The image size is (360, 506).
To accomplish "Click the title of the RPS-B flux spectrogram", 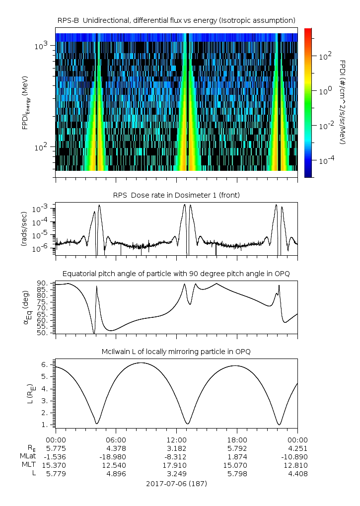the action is point(176,21).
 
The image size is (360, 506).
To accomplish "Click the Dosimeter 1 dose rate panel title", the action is point(176,195).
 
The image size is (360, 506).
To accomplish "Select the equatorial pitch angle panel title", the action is point(176,274).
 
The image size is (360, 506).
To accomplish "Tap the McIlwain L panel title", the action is point(176,352).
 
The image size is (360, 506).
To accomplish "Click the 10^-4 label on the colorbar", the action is point(326,160).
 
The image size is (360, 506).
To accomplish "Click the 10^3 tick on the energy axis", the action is point(41,46).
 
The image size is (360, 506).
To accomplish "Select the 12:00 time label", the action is point(176,440).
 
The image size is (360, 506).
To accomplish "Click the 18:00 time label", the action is point(237,440).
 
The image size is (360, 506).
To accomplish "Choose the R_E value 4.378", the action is point(116,448).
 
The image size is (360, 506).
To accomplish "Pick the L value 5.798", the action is point(237,474).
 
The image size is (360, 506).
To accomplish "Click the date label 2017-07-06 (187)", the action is point(176,484).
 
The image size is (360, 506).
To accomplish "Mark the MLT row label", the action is point(29,465).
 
